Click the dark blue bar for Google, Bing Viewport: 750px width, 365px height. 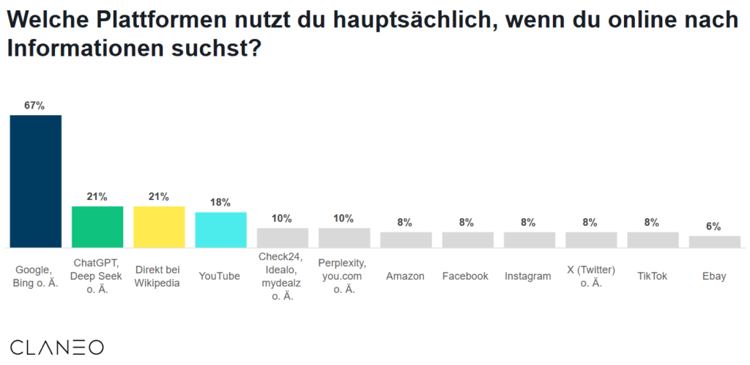(x=35, y=181)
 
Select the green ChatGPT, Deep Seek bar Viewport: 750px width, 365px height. (x=97, y=226)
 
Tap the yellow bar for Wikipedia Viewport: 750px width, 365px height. (x=159, y=226)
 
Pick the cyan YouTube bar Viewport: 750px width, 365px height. (x=220, y=229)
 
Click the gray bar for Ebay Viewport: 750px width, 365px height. (x=714, y=242)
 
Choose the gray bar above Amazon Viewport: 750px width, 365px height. (x=406, y=240)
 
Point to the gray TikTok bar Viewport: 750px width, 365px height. (x=653, y=240)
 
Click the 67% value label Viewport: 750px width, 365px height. (x=34, y=106)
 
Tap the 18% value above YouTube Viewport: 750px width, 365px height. (x=220, y=202)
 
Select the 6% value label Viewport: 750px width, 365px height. (x=714, y=226)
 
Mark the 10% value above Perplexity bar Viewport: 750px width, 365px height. (x=344, y=218)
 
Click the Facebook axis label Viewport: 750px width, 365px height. (x=465, y=276)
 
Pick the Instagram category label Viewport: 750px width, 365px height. (x=528, y=276)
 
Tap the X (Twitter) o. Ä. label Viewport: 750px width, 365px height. (x=590, y=276)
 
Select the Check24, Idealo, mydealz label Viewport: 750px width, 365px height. (x=282, y=276)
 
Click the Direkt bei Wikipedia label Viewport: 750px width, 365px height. (x=158, y=276)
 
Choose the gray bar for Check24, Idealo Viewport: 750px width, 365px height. (x=282, y=237)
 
